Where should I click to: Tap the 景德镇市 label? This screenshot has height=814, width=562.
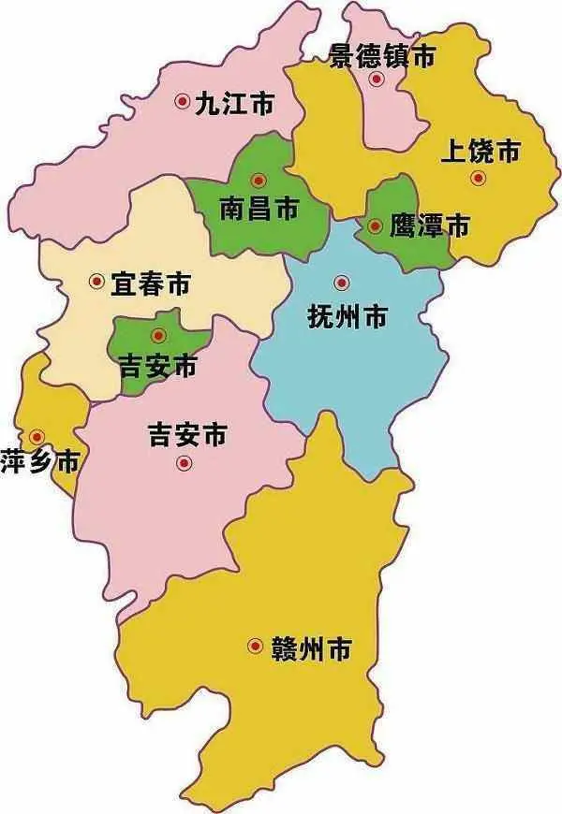point(383,57)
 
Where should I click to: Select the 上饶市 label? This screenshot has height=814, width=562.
point(480,151)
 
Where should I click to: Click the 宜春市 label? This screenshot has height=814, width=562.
point(150,282)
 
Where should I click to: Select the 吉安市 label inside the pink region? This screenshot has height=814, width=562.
point(187,434)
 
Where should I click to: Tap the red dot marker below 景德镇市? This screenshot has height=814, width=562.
point(376,80)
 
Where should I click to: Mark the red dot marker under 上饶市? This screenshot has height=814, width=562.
point(478,178)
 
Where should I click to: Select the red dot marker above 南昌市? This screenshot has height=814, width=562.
point(259,180)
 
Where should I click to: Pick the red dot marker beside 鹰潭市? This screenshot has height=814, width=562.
point(375,225)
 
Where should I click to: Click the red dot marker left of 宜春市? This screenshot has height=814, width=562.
point(96,280)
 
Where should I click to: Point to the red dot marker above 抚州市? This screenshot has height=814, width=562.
point(341,282)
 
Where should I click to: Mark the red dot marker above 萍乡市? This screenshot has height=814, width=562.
point(37,436)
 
